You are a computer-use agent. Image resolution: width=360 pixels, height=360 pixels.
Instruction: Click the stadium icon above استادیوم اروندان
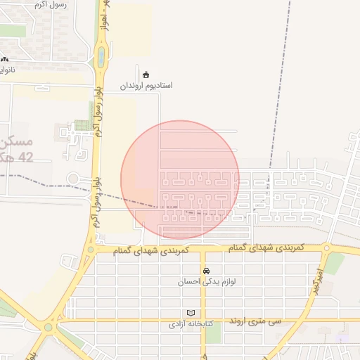click(x=146, y=75)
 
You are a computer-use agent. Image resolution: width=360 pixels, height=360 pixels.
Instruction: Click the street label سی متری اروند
click(x=255, y=321)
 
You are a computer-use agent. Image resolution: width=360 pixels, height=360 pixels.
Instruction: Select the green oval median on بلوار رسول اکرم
click(x=101, y=56)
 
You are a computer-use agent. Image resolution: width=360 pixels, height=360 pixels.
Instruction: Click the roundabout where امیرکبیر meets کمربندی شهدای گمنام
click(x=326, y=248)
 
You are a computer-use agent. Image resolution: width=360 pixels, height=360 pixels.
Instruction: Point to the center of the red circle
click(x=180, y=180)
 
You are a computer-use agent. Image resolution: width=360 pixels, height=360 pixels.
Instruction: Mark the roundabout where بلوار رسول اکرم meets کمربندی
click(x=90, y=250)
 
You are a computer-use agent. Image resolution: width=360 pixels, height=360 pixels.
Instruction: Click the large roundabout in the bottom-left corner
click(x=49, y=326)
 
